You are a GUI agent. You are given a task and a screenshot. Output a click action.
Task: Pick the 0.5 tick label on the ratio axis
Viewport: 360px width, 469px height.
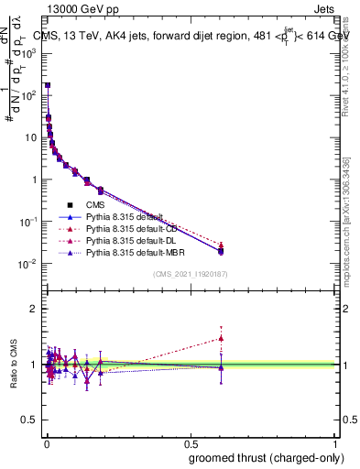(x=29, y=420)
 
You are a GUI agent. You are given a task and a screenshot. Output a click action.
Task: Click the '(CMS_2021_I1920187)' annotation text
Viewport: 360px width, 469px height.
(x=191, y=274)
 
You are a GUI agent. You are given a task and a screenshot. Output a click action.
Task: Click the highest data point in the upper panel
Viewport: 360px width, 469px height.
(x=47, y=85)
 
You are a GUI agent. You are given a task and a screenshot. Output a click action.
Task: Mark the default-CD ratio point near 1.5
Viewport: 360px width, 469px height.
(x=221, y=338)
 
